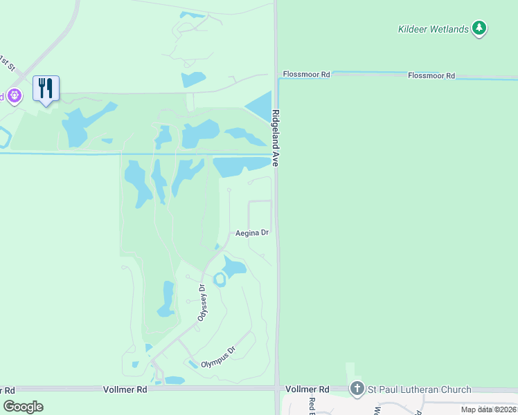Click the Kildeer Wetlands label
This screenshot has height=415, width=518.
[x=434, y=29]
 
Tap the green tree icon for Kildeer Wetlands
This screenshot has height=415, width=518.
[x=479, y=28]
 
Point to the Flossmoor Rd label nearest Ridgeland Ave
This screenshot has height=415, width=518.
[x=305, y=74]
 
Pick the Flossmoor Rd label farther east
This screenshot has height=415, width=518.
[x=431, y=75]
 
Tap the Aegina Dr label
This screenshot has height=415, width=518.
[x=251, y=233]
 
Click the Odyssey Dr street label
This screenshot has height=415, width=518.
[x=202, y=303]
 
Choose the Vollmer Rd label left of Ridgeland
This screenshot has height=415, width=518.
[x=125, y=389]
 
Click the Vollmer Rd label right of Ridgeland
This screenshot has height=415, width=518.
[x=307, y=389]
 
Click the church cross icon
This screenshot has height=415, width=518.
[x=357, y=389]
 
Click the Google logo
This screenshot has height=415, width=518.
[x=23, y=407]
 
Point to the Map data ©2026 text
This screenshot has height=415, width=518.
[x=488, y=409]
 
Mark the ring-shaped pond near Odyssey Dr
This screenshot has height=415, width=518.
[x=220, y=279]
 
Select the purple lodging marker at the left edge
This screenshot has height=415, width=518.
[x=12, y=96]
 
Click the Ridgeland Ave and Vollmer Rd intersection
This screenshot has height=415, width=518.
[x=277, y=389]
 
